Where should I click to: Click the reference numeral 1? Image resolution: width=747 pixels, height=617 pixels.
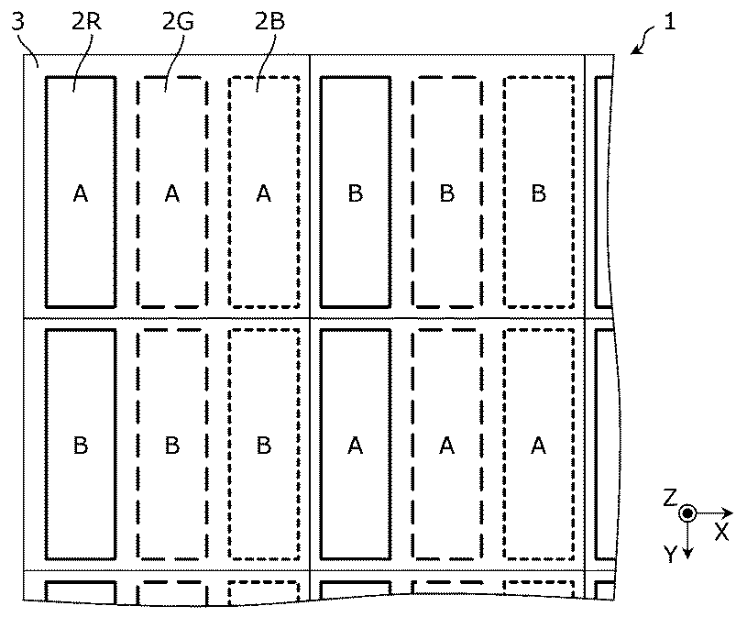(671, 23)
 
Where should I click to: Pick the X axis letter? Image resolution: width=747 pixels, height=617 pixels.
(722, 532)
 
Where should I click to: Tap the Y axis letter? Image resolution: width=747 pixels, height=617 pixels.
(670, 554)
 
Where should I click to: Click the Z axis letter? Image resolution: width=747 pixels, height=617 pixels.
(670, 498)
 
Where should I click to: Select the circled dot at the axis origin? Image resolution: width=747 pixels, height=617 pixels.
(687, 513)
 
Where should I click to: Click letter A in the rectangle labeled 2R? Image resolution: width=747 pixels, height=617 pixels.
(81, 193)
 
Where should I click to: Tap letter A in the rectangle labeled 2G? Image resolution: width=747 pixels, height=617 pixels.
(172, 193)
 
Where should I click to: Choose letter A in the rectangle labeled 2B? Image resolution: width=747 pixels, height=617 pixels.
(264, 193)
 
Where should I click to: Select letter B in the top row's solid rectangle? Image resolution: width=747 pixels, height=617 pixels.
(356, 193)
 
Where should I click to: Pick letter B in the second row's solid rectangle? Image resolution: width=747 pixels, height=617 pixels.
(81, 446)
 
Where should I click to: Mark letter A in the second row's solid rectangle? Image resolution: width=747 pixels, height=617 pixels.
(356, 446)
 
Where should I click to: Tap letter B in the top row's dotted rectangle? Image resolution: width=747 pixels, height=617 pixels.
(539, 193)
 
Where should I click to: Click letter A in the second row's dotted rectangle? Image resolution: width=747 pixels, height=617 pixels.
(539, 446)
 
